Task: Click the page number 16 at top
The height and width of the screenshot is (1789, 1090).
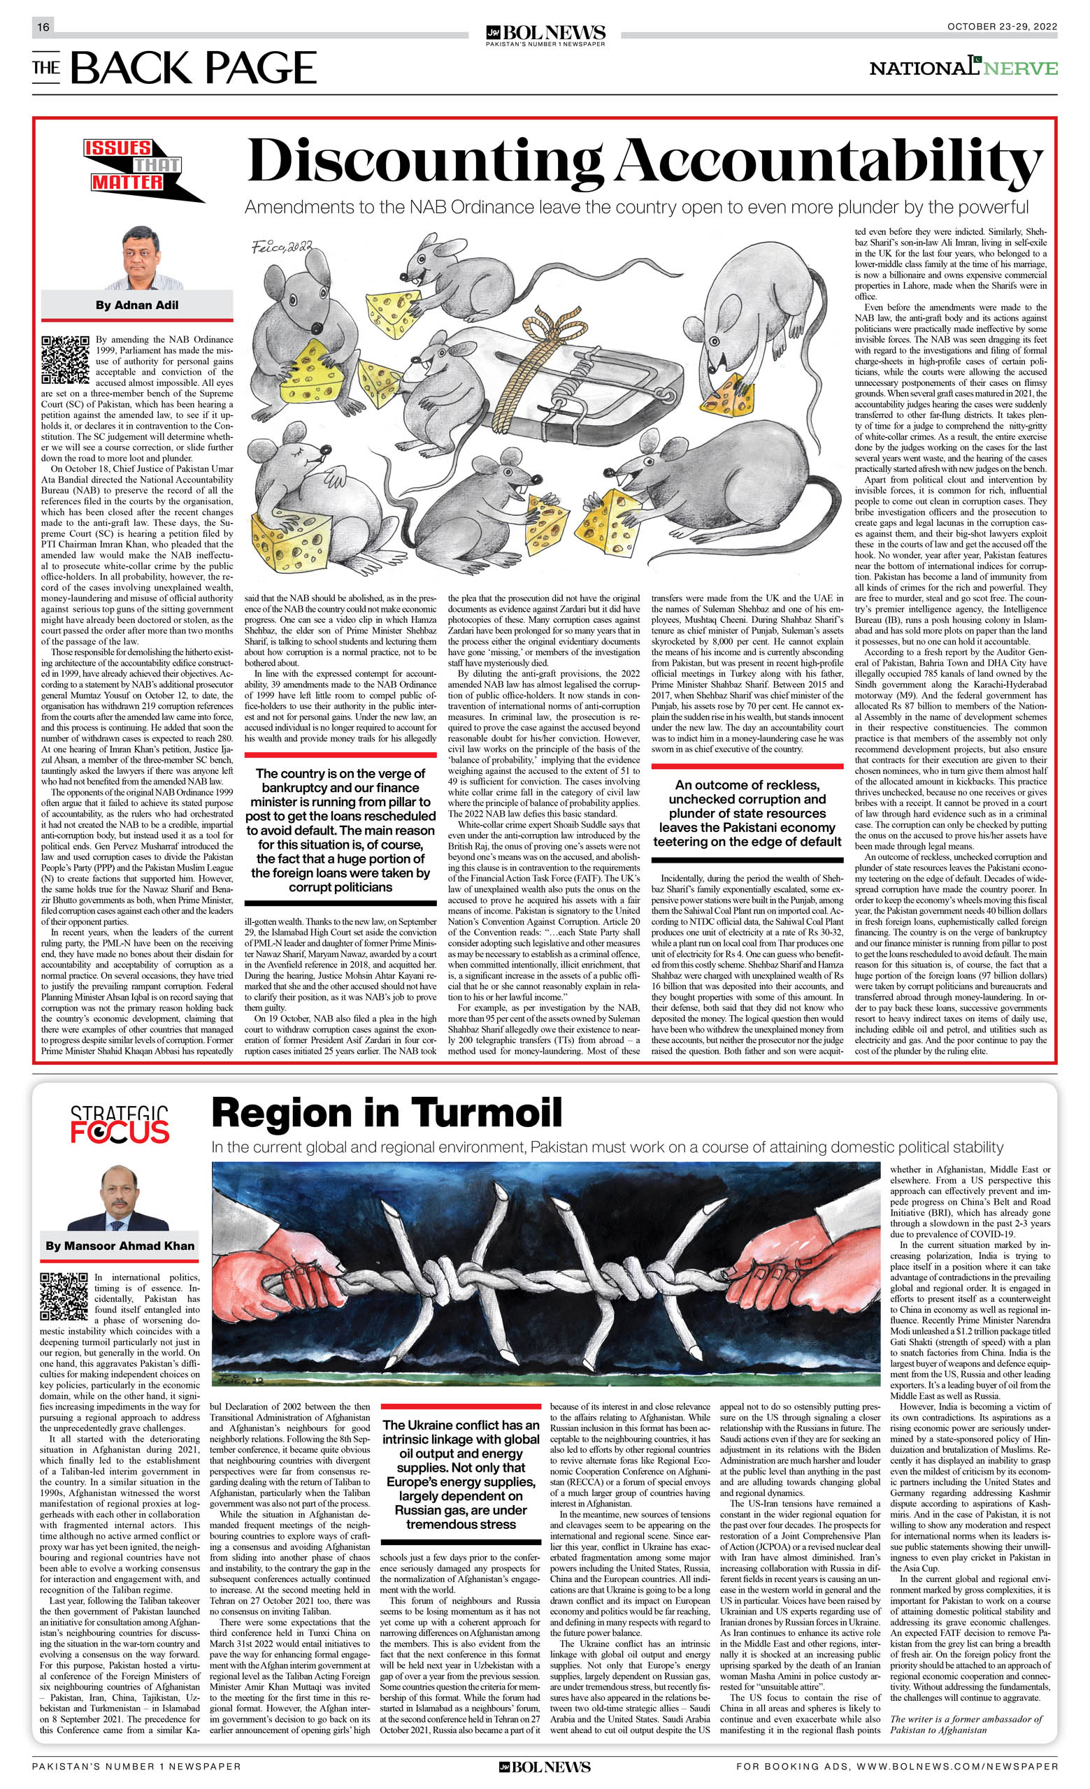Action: (x=43, y=27)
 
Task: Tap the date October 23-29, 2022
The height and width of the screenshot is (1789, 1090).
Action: (x=1001, y=27)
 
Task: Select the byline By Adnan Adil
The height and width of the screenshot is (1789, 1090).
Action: (x=136, y=305)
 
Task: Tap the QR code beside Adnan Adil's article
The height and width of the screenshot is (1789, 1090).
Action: (x=65, y=359)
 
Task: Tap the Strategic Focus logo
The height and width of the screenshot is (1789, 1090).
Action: (x=120, y=1125)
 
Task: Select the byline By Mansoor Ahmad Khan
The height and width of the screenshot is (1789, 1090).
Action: (x=120, y=1246)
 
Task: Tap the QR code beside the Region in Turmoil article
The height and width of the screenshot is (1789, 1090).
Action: (x=64, y=1296)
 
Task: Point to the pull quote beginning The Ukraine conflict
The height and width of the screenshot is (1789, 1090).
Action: (x=461, y=1474)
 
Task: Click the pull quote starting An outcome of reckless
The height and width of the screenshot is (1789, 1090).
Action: (x=747, y=813)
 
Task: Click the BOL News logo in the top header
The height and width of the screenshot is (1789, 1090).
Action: (x=545, y=34)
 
